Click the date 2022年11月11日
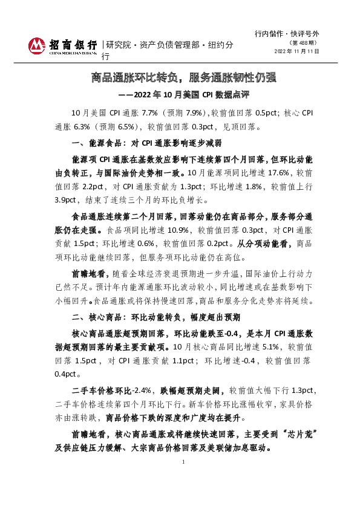pyautogui.click(x=296, y=51)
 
